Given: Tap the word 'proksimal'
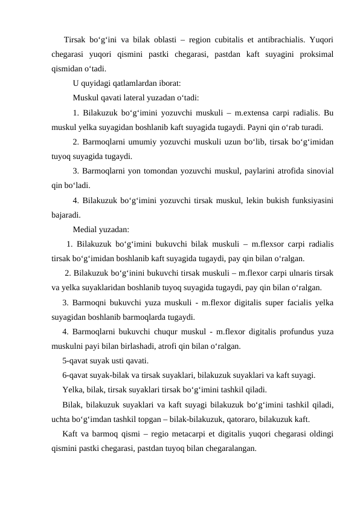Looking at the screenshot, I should [317, 55].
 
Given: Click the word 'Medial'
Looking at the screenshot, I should [86, 229].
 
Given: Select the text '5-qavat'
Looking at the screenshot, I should [76, 361].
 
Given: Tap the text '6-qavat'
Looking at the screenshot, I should [76, 375].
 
